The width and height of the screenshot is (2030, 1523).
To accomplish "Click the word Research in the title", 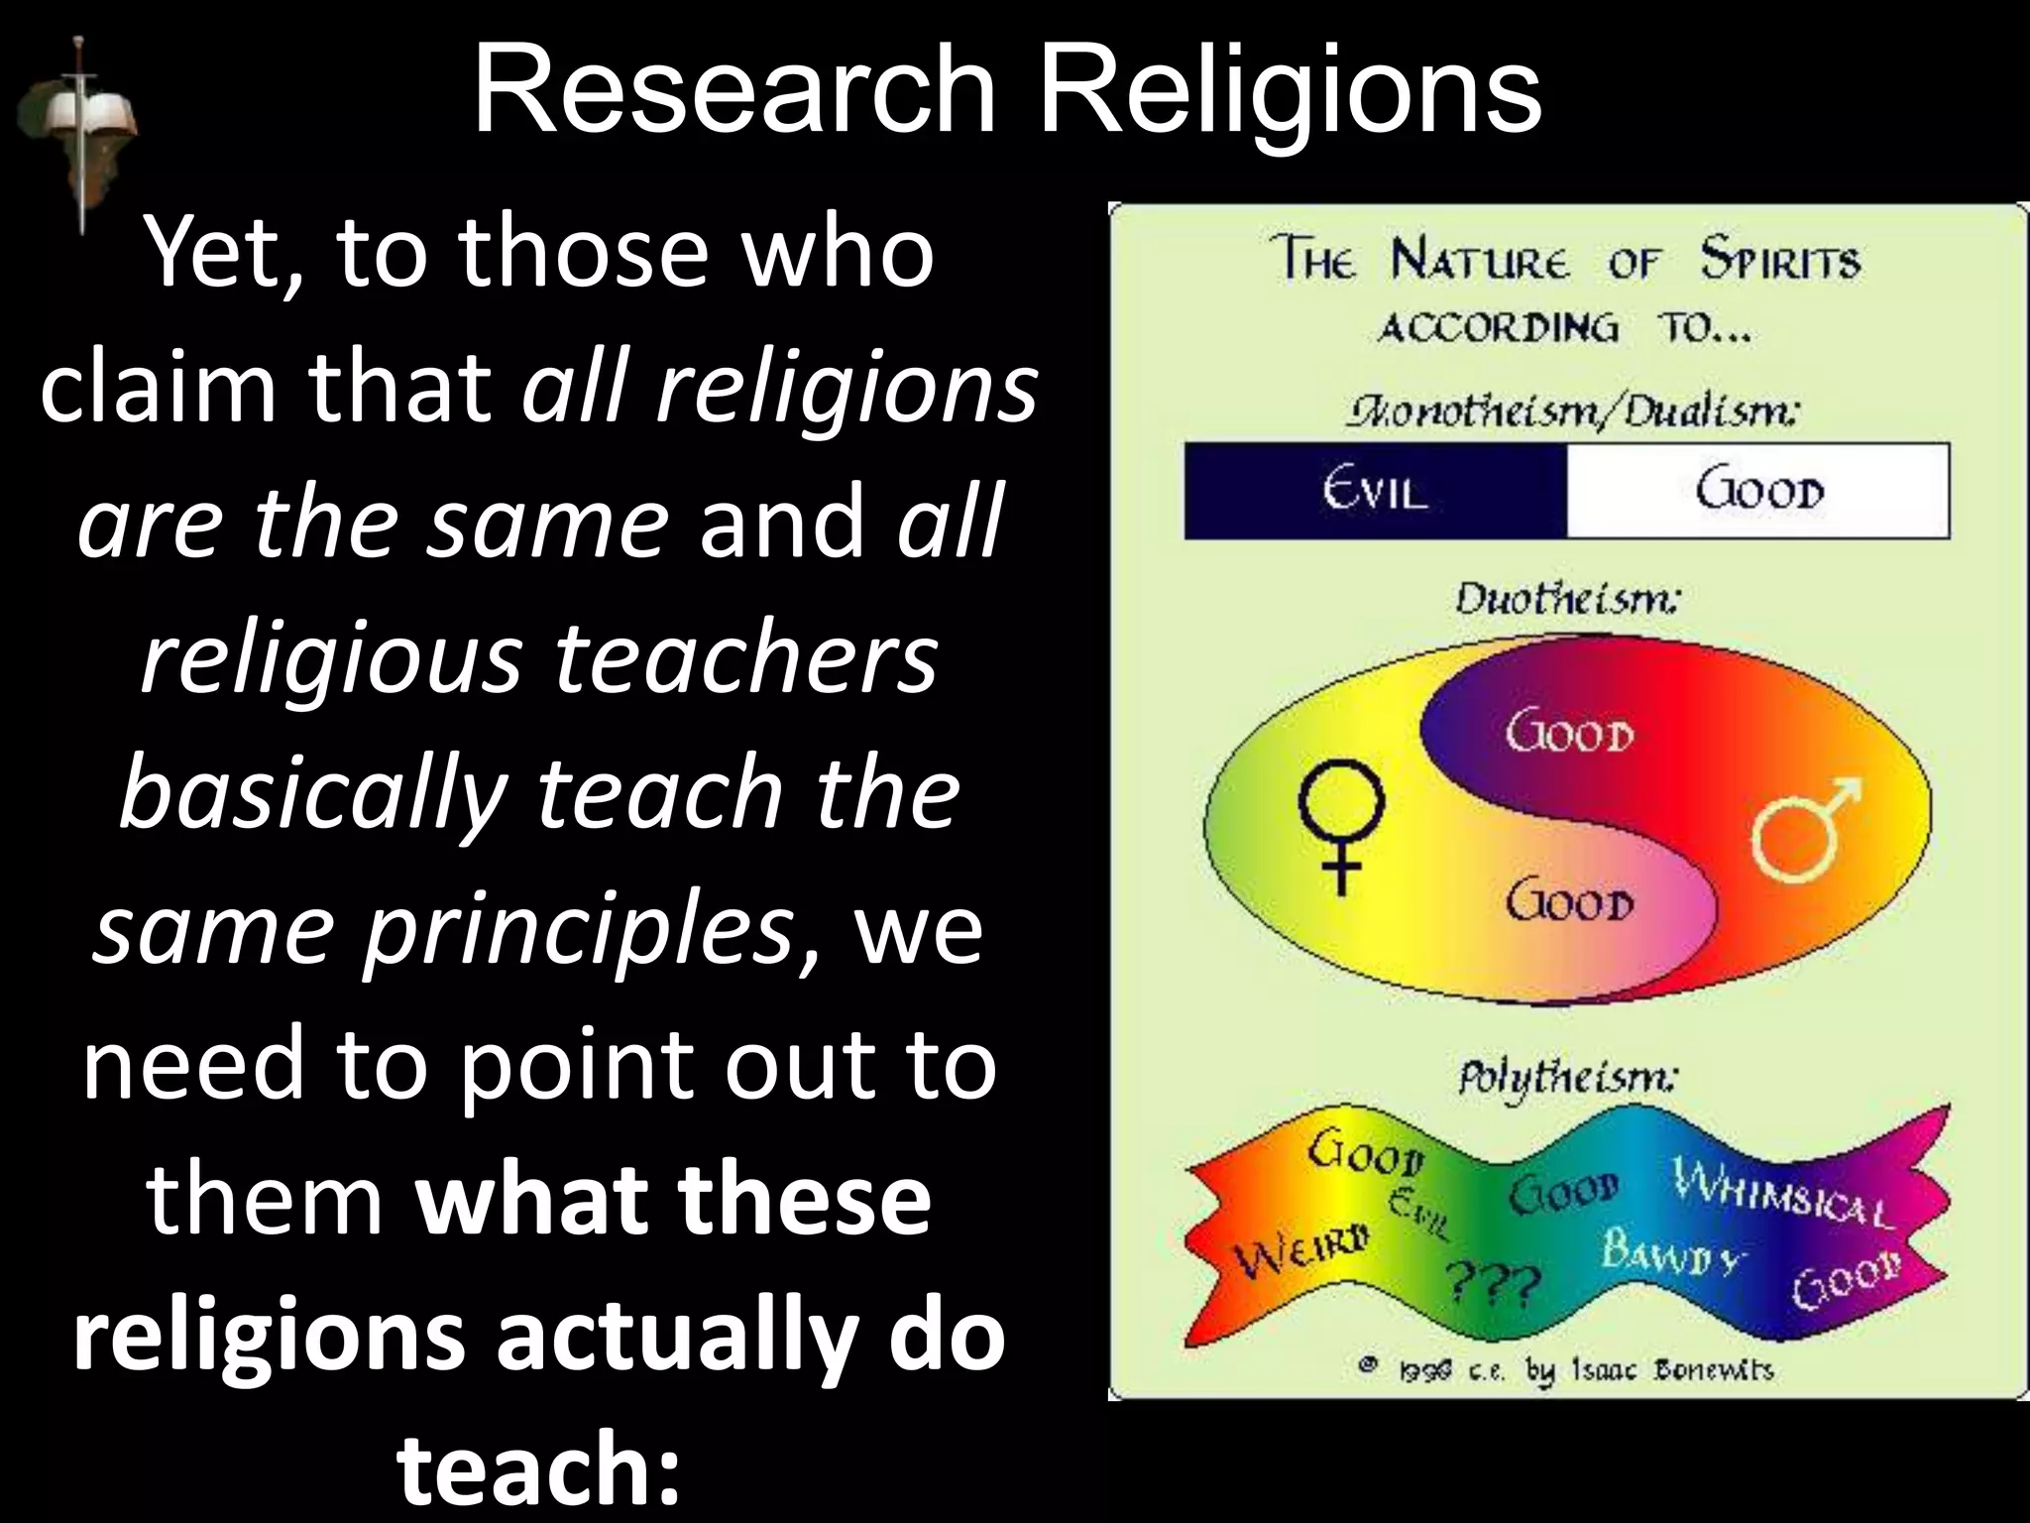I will (734, 91).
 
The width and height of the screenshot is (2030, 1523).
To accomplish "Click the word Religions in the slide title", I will (1293, 91).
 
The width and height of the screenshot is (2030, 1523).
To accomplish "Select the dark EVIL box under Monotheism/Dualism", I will (1375, 492).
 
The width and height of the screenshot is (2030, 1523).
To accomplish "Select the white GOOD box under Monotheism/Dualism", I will (1758, 492).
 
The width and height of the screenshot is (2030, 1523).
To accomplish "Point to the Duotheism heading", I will (1566, 600).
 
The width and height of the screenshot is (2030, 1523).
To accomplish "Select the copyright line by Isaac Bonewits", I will (1566, 1371).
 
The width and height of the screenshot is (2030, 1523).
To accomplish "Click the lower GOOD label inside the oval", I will (1568, 903).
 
